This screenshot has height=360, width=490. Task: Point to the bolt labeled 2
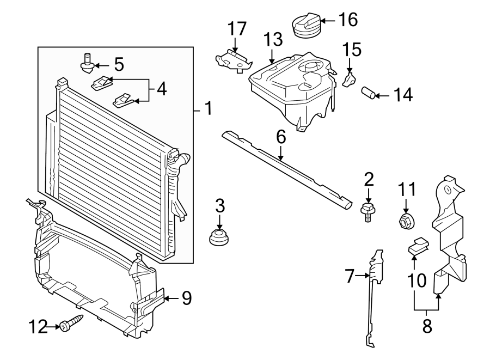[369, 210]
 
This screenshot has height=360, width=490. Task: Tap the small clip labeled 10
[418, 247]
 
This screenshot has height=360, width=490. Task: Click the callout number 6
[281, 137]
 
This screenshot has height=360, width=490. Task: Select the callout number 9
[187, 297]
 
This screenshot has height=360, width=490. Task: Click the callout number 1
[207, 109]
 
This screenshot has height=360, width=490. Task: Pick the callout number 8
[426, 326]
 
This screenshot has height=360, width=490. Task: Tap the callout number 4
[161, 89]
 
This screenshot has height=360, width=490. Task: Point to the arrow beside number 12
[53, 326]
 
